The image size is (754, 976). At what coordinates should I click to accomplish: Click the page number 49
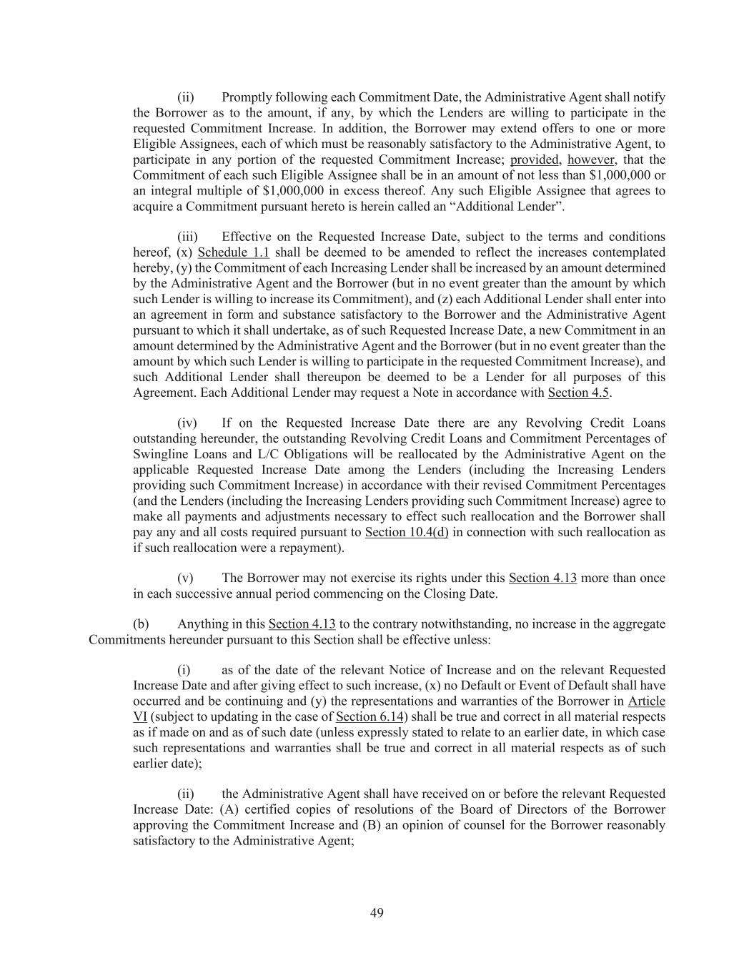coord(377,912)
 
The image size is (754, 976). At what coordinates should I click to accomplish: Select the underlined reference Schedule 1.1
coord(233,252)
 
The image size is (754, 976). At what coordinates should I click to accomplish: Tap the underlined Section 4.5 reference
coord(578,393)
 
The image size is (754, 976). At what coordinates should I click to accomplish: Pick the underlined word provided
coord(534,159)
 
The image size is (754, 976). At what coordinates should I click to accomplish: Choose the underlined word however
coord(590,159)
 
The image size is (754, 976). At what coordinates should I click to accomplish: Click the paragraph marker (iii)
coord(187,237)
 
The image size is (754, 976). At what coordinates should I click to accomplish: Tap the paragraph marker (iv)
coord(187,423)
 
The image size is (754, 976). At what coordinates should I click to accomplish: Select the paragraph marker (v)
coord(185,578)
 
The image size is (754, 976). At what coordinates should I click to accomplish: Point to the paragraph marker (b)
coord(141,624)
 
